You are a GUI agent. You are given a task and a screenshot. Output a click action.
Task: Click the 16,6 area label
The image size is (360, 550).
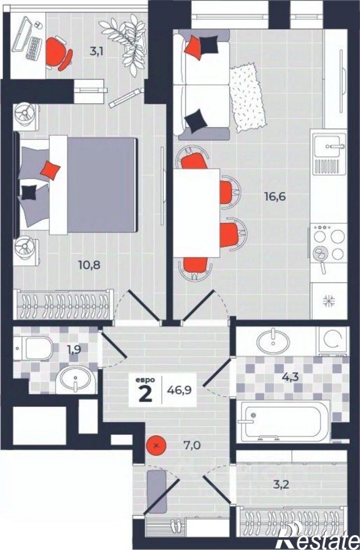point(275,197)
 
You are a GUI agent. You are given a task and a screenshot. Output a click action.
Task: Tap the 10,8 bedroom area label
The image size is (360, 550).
point(89,265)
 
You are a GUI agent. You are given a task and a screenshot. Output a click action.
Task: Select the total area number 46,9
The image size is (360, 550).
point(179,390)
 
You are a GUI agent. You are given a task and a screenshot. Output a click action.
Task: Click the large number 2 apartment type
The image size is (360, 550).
point(145,394)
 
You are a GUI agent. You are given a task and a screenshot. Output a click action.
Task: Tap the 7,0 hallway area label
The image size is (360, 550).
point(192,445)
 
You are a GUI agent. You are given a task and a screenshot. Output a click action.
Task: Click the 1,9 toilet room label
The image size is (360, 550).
point(73,349)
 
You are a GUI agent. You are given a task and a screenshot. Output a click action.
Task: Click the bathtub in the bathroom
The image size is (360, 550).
point(284,421)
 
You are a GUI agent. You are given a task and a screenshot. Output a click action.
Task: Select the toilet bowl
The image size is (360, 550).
point(33,348)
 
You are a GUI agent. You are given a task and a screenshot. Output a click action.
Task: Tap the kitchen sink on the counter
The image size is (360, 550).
point(330,145)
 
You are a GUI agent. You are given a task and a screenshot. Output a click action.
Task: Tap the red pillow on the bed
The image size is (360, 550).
point(50,170)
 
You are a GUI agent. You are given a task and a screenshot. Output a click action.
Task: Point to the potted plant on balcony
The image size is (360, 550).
point(125,44)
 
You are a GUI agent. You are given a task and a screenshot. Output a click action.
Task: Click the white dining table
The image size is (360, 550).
point(197,213)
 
